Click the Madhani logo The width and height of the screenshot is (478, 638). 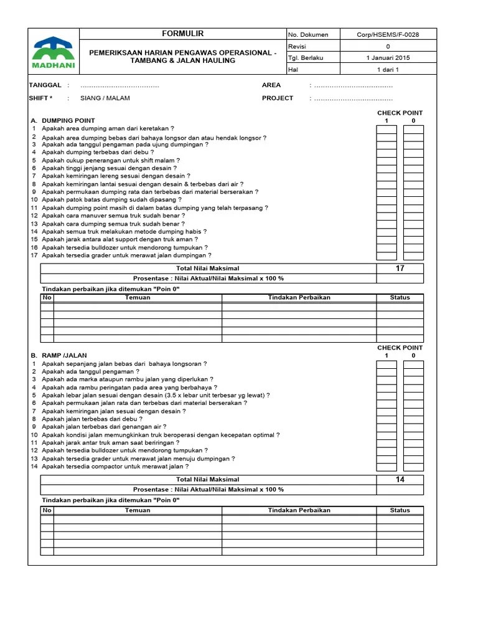[54, 52]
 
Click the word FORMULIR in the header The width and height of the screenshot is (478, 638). [182, 34]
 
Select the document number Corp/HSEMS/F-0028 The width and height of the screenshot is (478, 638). [388, 35]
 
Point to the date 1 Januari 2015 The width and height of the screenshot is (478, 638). [388, 58]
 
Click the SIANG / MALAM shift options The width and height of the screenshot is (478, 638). [105, 98]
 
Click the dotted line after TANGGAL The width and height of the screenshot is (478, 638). [119, 85]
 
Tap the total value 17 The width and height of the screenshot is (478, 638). [400, 269]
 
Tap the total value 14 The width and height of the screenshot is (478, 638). [400, 480]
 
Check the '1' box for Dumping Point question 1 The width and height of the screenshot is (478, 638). [386, 130]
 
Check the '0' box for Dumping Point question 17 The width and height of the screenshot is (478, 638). [413, 255]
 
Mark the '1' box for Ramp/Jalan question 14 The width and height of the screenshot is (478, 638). [386, 467]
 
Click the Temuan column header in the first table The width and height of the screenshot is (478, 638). [138, 298]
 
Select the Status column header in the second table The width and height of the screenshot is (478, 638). [400, 510]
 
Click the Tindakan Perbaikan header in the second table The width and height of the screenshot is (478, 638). [299, 510]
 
